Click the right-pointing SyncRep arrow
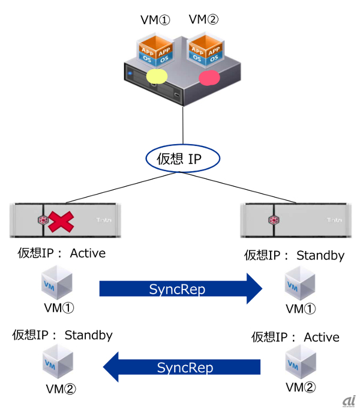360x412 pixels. coord(181,289)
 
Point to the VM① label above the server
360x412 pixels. coord(155,20)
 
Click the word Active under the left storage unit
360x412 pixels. coord(88,253)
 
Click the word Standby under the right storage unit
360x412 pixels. coord(320,256)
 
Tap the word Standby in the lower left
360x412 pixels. coord(88,335)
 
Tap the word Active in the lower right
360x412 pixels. coord(322,338)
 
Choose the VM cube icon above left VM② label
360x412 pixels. coord(58,363)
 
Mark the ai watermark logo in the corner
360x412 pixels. coord(348,401)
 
